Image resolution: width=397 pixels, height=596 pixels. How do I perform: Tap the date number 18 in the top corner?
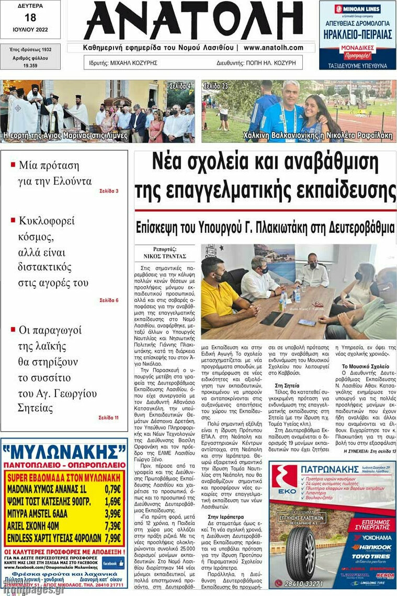30,17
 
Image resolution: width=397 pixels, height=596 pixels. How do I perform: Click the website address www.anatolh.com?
273,48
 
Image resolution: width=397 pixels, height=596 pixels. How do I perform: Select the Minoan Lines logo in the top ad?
357,9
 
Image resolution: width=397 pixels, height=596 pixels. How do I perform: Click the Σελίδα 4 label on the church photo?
180,85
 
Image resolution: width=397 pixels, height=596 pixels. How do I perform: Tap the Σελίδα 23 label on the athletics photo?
215,85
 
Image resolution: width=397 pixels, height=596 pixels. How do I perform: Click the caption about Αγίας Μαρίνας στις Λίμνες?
65,136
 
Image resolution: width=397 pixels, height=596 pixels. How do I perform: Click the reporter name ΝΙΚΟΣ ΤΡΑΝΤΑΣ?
165,256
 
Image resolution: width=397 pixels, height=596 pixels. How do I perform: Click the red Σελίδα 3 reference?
109,191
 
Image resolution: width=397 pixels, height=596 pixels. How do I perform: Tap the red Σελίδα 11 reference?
108,418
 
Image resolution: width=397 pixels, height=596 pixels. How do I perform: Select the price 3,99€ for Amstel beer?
112,513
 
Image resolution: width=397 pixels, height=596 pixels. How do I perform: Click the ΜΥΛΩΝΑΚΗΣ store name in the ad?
64,451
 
